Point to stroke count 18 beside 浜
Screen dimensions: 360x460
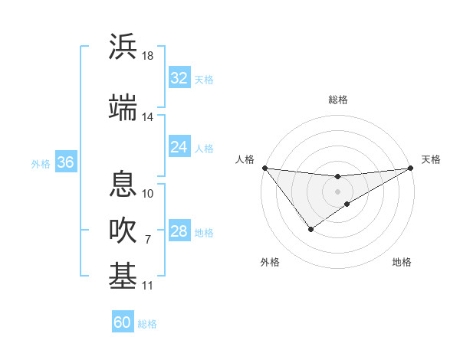tap(148, 56)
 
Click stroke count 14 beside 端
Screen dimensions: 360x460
tap(148, 117)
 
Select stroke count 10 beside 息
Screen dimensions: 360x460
tap(148, 193)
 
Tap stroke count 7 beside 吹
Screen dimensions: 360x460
tap(148, 240)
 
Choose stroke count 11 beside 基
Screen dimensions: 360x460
tap(148, 286)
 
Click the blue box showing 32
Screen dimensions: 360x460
tap(179, 78)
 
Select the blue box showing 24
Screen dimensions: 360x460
tap(179, 147)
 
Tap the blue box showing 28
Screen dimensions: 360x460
tap(179, 231)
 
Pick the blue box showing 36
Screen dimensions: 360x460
tap(66, 162)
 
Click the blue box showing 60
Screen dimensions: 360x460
tap(123, 322)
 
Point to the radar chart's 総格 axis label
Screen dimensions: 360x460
tap(337, 100)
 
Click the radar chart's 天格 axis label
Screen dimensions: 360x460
tap(431, 159)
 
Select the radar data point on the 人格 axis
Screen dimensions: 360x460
tap(264, 167)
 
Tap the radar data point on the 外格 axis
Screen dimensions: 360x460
tap(310, 229)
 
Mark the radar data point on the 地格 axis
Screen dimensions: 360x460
tap(347, 204)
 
